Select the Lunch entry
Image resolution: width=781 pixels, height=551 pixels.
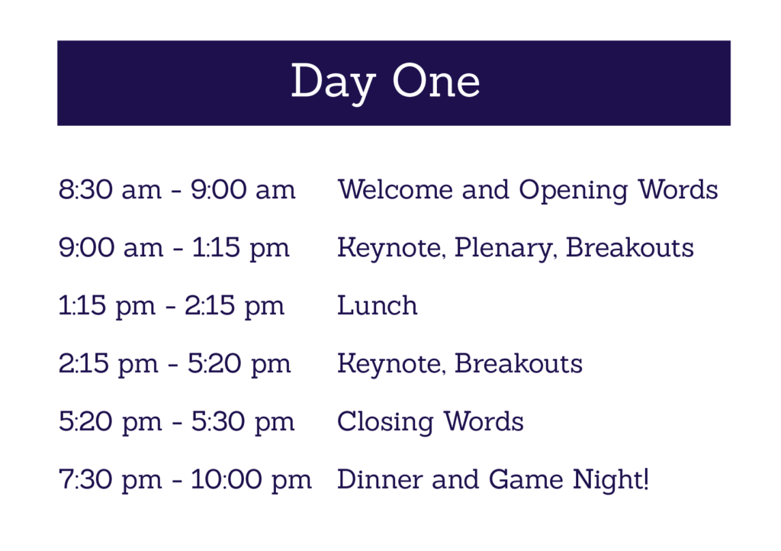coord(377,305)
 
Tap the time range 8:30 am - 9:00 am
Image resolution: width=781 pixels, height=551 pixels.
coord(177,190)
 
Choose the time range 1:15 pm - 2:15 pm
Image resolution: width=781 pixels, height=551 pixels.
coord(172,306)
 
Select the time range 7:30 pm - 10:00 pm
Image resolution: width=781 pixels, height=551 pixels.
coord(185,480)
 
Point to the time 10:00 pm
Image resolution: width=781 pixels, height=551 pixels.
coord(251,480)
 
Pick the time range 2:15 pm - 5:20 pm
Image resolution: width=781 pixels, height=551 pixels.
coord(175,364)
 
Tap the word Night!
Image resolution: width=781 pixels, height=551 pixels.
coord(611,480)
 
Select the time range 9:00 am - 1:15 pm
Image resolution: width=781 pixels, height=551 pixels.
coord(174,248)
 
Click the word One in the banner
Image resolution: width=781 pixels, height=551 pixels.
coord(436,81)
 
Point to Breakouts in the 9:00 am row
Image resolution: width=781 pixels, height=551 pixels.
coord(629,247)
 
